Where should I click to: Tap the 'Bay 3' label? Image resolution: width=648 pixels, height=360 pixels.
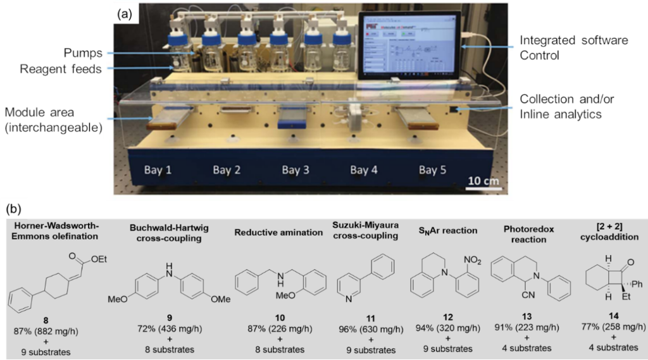296,170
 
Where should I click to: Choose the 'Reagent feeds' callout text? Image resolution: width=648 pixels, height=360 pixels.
69,69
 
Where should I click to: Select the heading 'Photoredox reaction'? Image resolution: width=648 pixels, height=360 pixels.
528,233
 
